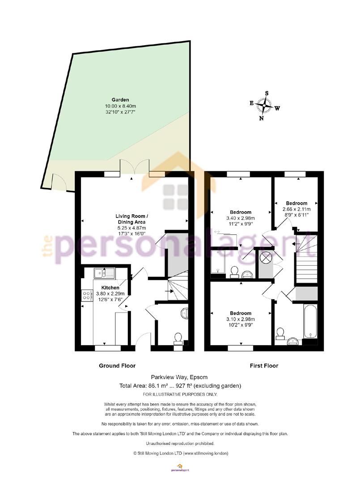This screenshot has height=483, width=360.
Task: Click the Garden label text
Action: [x=120, y=100]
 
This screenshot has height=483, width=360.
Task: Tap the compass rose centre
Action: [x=264, y=106]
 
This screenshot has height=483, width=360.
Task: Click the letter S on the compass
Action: [x=267, y=93]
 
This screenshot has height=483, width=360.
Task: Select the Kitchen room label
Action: [x=110, y=288]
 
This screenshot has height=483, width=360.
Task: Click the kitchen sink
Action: [x=104, y=273]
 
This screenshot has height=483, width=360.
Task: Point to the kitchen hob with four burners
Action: [x=87, y=296]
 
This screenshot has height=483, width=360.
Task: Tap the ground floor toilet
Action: [x=178, y=338]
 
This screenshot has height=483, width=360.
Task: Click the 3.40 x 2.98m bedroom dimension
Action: [x=241, y=218]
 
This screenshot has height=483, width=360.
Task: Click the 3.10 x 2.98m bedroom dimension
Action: [x=241, y=319]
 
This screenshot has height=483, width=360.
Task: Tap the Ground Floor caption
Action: [x=117, y=366]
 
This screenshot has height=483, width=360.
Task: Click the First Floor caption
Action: [x=264, y=366]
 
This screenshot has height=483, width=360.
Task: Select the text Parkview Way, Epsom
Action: [x=179, y=377]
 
